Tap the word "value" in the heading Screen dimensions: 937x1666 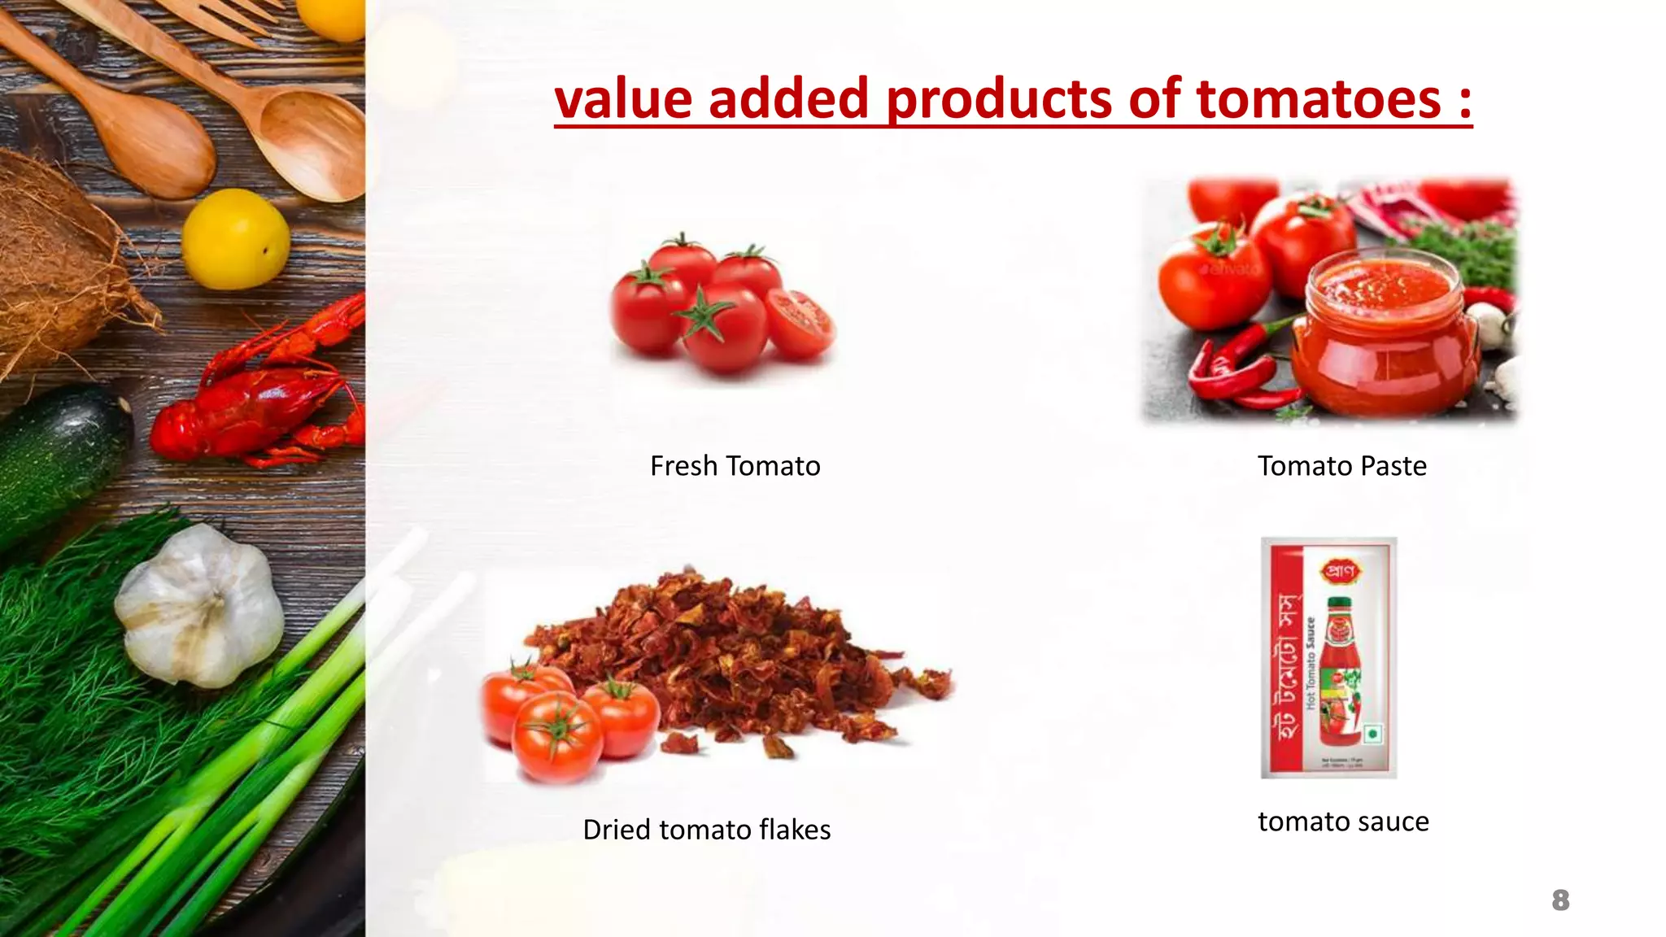(623, 99)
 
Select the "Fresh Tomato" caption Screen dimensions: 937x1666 (735, 466)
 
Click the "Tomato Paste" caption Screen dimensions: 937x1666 (1341, 466)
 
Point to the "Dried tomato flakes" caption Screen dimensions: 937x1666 (706, 830)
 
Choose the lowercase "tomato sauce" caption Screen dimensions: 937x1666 (1343, 822)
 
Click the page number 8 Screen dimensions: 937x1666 (1559, 900)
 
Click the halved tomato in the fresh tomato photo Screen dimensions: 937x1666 (800, 323)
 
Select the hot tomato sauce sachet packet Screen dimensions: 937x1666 (1328, 657)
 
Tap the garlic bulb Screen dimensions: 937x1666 (199, 606)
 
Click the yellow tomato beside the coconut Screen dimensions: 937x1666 (235, 239)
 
